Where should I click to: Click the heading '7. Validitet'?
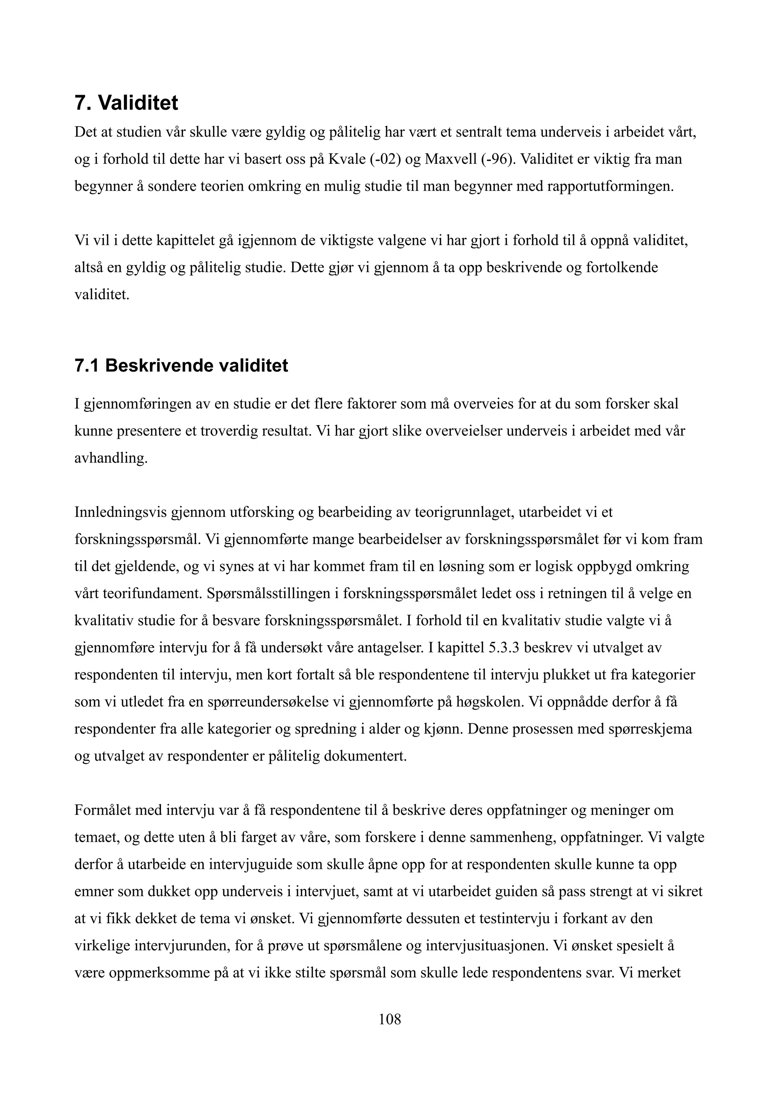[126, 103]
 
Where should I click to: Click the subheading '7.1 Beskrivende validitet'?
[181, 366]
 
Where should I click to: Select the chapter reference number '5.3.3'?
[504, 648]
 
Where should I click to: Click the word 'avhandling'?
[110, 458]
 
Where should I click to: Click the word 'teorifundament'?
[153, 594]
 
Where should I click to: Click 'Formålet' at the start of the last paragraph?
[103, 811]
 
